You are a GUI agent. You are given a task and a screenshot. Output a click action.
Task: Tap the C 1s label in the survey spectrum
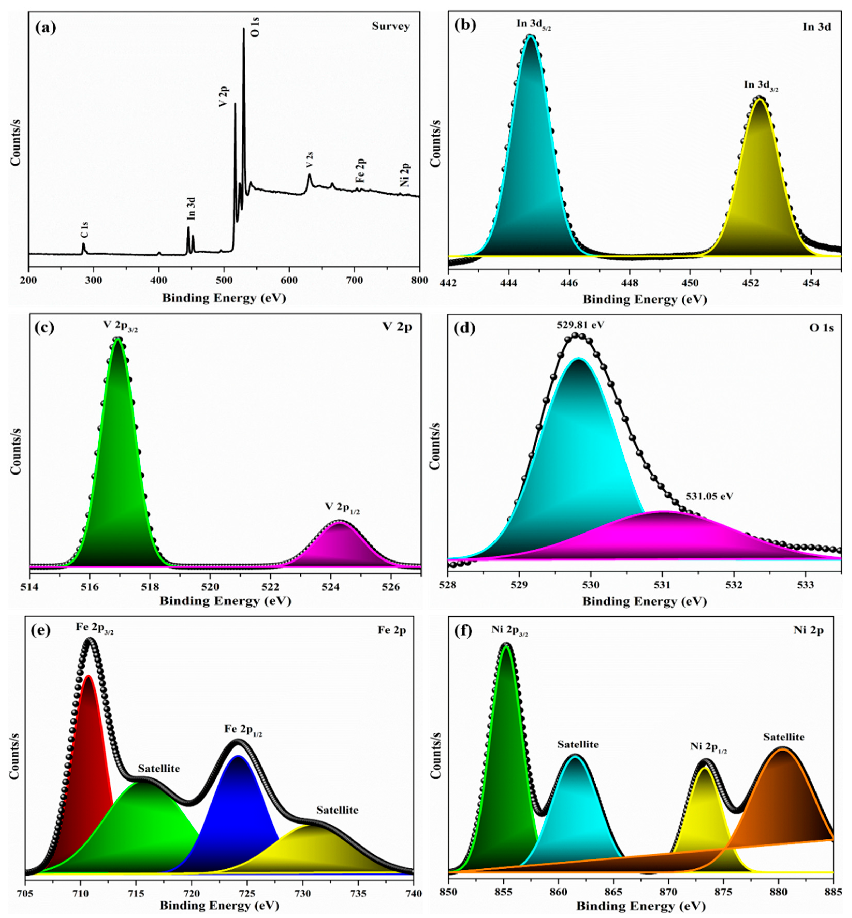pos(84,230)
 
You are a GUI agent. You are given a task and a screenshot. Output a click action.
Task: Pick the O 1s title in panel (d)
pos(821,328)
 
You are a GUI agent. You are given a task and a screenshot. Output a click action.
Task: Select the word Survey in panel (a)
pos(390,26)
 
